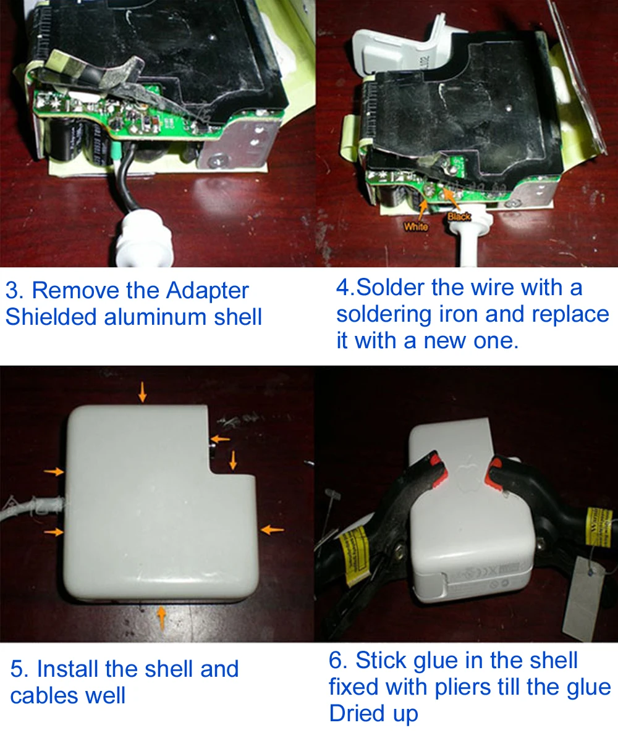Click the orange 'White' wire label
[415, 227]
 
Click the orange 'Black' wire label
[459, 216]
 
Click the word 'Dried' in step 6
[360, 713]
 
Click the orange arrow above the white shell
[143, 391]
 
